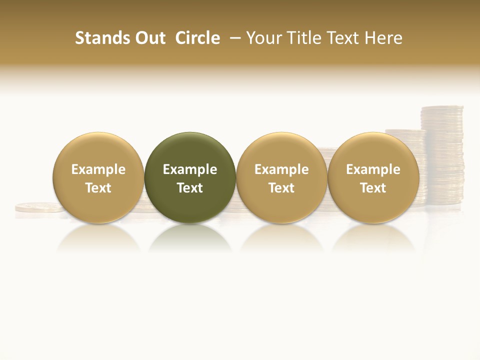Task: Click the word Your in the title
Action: click(x=263, y=38)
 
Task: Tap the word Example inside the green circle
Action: click(x=190, y=170)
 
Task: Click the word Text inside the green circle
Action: click(x=190, y=188)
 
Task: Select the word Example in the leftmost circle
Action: click(x=98, y=170)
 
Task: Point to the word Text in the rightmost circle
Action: click(x=373, y=188)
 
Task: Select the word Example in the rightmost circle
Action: click(x=373, y=170)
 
